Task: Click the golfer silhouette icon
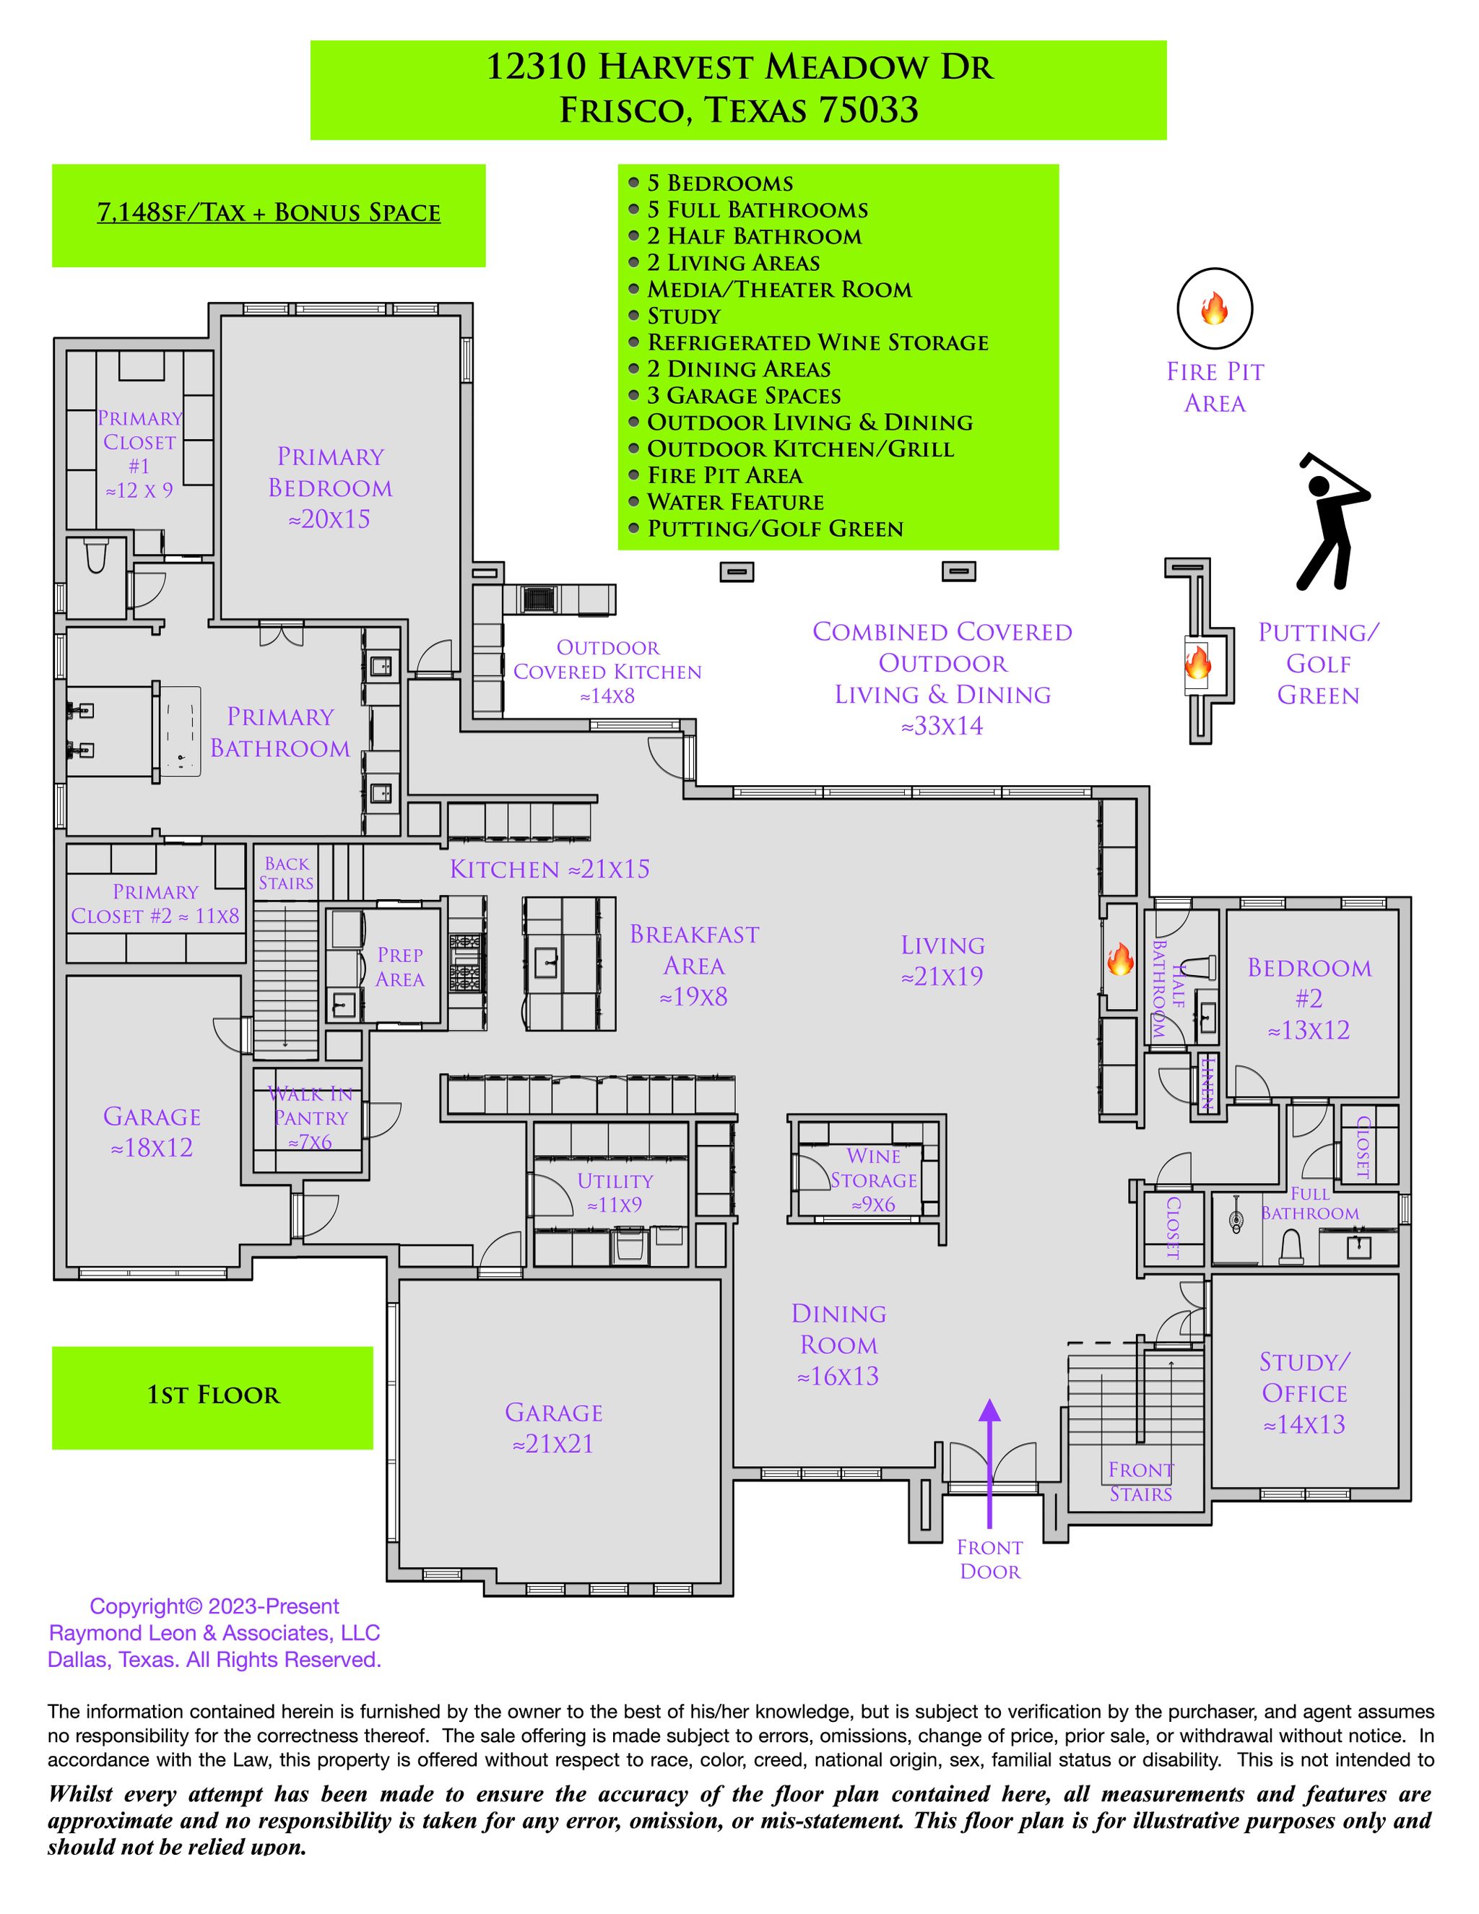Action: (x=1331, y=522)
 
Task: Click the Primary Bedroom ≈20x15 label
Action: (x=330, y=488)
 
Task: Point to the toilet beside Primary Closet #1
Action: (x=95, y=555)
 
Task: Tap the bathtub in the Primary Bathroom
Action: (x=181, y=731)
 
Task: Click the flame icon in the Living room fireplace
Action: (x=1120, y=961)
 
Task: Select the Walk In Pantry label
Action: (x=310, y=1117)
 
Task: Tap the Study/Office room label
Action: (x=1304, y=1393)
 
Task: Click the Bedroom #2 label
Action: (x=1309, y=998)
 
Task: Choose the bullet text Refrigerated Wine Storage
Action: (x=817, y=342)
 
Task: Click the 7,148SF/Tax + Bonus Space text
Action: (x=268, y=213)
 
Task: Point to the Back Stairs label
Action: (x=286, y=873)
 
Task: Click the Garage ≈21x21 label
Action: (x=553, y=1428)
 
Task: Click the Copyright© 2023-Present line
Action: (x=214, y=1606)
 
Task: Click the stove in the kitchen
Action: (x=466, y=963)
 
